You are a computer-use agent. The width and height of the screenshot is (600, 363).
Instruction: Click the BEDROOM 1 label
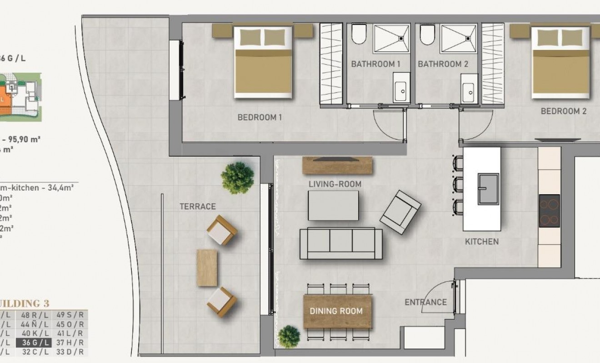point(260,118)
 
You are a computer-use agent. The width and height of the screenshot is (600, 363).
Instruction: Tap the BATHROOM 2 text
point(443,64)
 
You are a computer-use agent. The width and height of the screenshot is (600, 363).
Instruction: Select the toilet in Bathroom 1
point(359,34)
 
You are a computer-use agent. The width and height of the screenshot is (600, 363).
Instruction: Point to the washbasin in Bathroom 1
point(401,91)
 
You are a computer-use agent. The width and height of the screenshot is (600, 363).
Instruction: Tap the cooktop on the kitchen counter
point(549,210)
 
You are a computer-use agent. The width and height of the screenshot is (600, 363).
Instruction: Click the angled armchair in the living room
point(400,212)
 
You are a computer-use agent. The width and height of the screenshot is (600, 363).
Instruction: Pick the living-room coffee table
point(333,205)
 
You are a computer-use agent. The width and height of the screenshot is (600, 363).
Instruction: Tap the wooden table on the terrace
point(207,267)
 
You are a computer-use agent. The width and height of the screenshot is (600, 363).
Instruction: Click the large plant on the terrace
point(237,177)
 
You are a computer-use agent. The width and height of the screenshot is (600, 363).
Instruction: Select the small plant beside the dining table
point(289,336)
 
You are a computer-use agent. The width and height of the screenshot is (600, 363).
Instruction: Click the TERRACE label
point(197,206)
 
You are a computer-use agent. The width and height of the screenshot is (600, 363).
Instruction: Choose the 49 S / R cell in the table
point(70,314)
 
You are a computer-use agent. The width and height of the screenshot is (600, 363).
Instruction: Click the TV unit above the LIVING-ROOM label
point(337,165)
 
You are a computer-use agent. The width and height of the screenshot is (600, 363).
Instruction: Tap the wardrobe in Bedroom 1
point(331,64)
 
